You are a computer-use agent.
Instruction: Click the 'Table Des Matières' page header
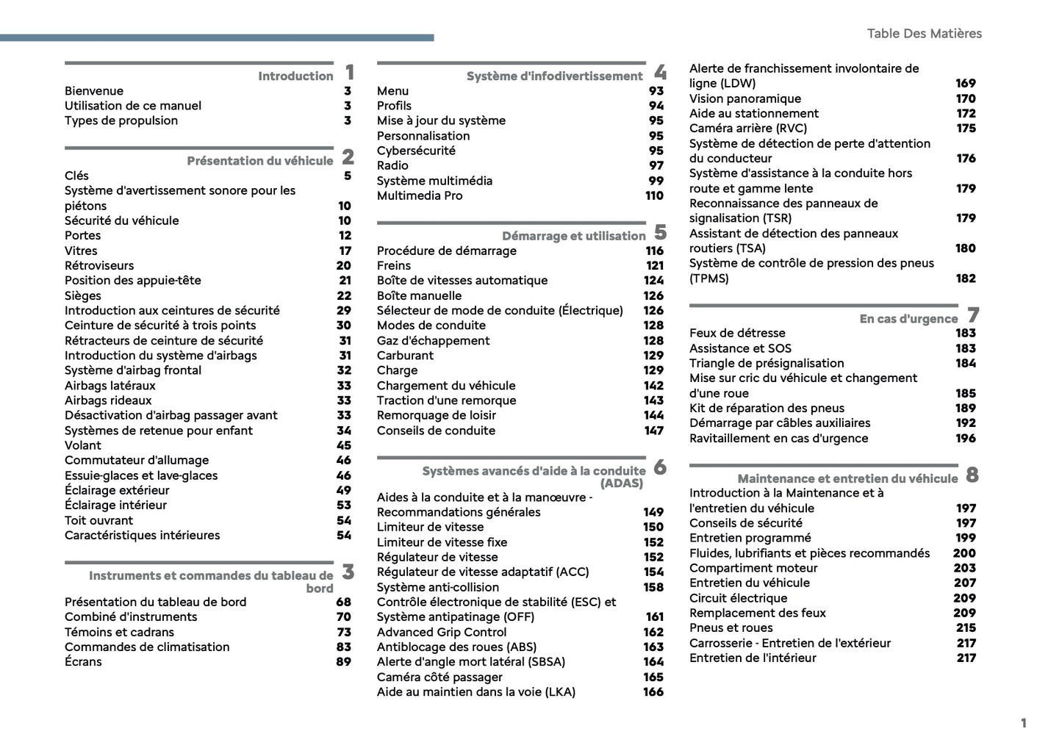[924, 33]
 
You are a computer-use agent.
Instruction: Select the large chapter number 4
[660, 72]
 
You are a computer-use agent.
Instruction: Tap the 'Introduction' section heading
[295, 76]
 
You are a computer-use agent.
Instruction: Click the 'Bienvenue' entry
[94, 91]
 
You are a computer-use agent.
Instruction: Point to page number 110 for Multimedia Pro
[654, 195]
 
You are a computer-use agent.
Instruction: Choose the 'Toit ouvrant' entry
[98, 520]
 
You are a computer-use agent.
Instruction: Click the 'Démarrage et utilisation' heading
[573, 236]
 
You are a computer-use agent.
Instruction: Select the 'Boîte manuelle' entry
[419, 295]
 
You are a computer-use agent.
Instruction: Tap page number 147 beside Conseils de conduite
[654, 431]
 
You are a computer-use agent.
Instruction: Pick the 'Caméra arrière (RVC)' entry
[747, 128]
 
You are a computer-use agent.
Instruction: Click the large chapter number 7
[973, 315]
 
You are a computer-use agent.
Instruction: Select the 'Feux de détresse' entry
[737, 333]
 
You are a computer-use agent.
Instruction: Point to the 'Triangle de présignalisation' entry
[767, 363]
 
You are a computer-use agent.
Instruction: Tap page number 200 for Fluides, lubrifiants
[964, 553]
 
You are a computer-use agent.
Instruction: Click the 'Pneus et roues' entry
[731, 627]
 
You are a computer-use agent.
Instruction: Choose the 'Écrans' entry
[83, 661]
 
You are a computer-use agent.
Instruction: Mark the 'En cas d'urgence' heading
[908, 319]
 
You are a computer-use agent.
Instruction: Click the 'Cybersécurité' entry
[416, 151]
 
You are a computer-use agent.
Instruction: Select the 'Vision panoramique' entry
[745, 98]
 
